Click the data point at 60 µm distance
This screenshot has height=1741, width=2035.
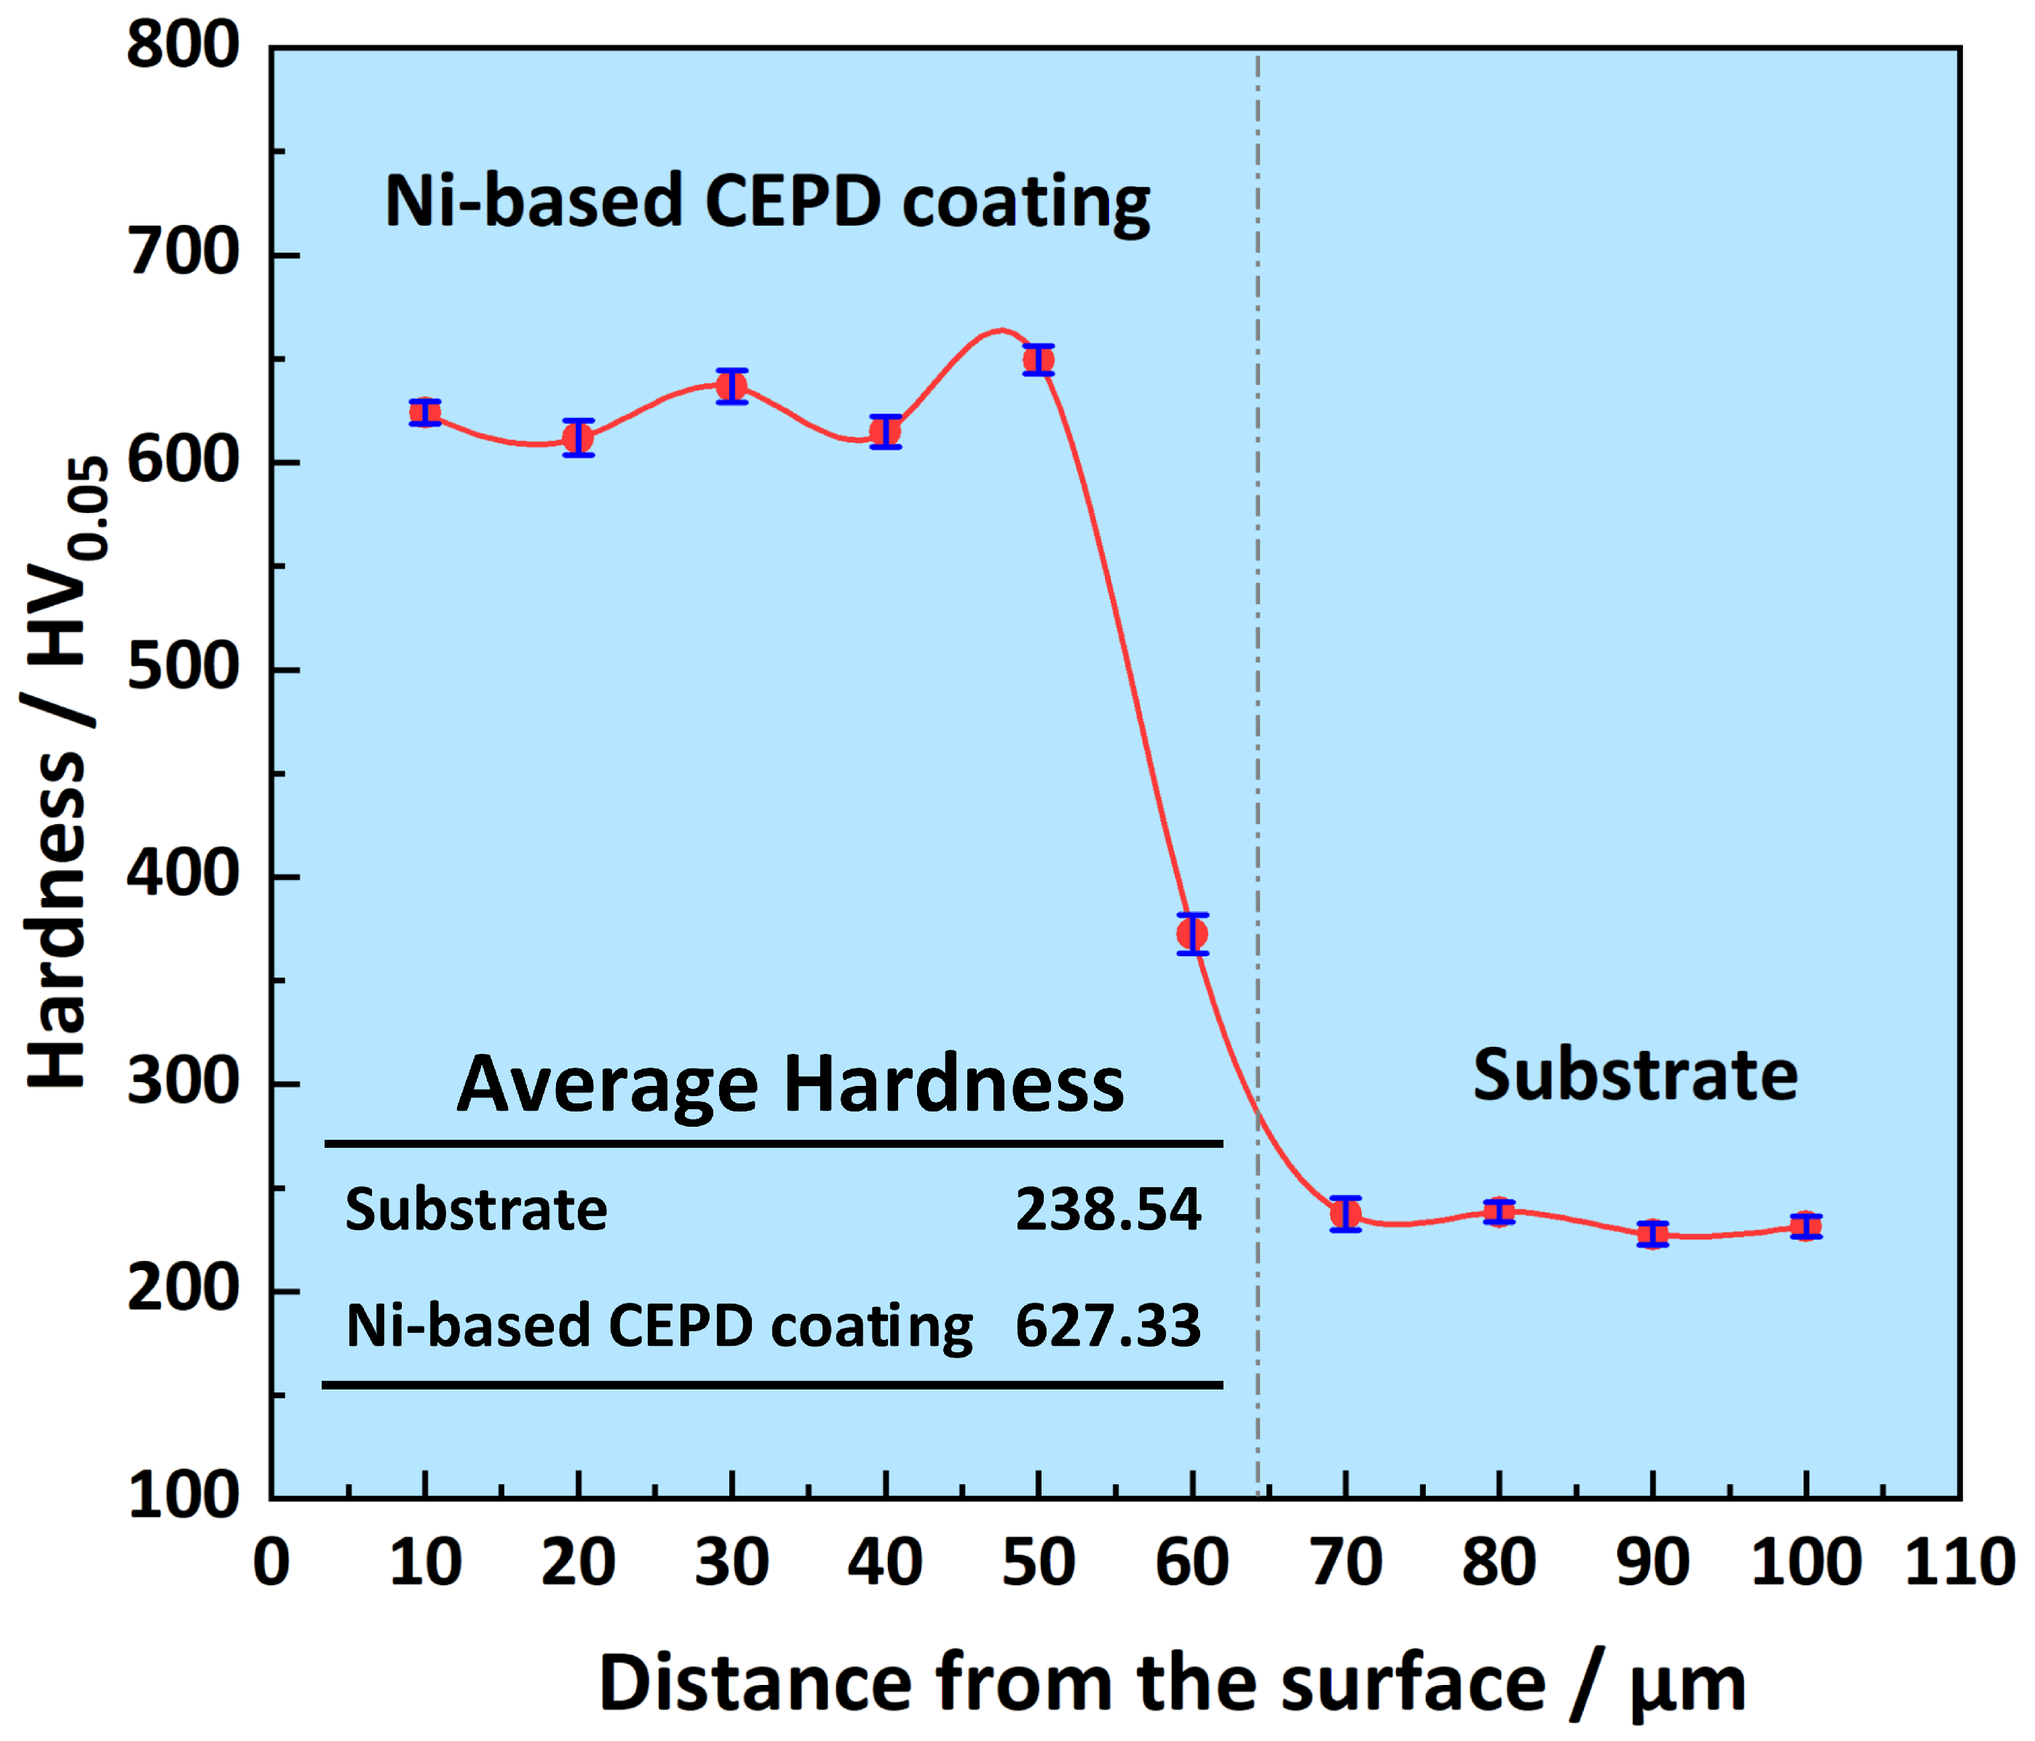pos(1191,934)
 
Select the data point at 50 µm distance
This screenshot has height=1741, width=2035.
pos(1038,360)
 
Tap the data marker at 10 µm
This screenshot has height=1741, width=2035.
pos(424,413)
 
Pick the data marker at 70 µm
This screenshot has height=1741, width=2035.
pos(1346,1215)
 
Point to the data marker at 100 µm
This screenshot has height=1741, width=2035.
pos(1805,1226)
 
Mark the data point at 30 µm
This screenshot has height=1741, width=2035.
pos(731,386)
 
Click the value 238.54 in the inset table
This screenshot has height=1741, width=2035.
pos(1108,1210)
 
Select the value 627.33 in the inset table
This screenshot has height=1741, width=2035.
pos(1108,1325)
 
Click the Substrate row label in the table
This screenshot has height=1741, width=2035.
pos(476,1210)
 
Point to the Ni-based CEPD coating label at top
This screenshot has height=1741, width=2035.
pos(767,202)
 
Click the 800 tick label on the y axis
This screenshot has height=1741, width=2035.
pos(183,45)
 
